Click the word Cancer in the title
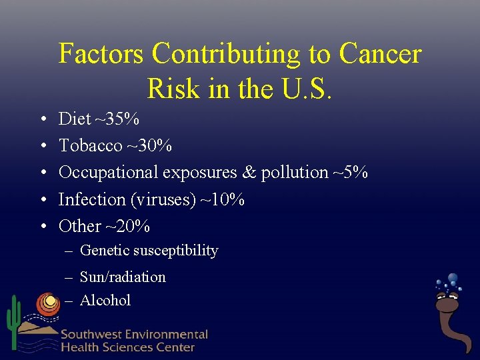pyautogui.click(x=380, y=54)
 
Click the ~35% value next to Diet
pyautogui.click(x=117, y=119)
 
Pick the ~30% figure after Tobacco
pyautogui.click(x=150, y=146)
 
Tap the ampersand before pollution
pyautogui.click(x=249, y=173)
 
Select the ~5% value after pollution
pyautogui.click(x=351, y=173)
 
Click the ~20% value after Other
pyautogui.click(x=127, y=227)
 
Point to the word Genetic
pyautogui.click(x=104, y=251)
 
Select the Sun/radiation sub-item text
pyautogui.click(x=123, y=277)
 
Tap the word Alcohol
pyautogui.click(x=105, y=300)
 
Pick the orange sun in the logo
pyautogui.click(x=48, y=304)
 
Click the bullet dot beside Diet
pyautogui.click(x=42, y=120)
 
